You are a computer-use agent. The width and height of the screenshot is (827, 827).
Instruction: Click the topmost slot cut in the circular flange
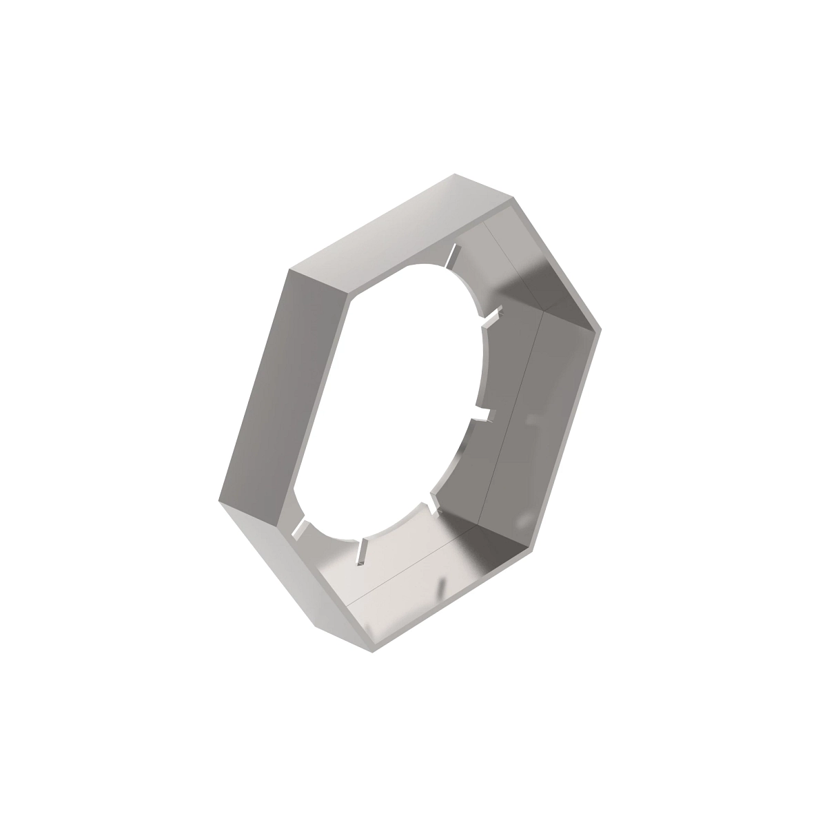pos(451,256)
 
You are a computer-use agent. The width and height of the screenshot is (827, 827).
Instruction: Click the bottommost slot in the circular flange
pos(360,551)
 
